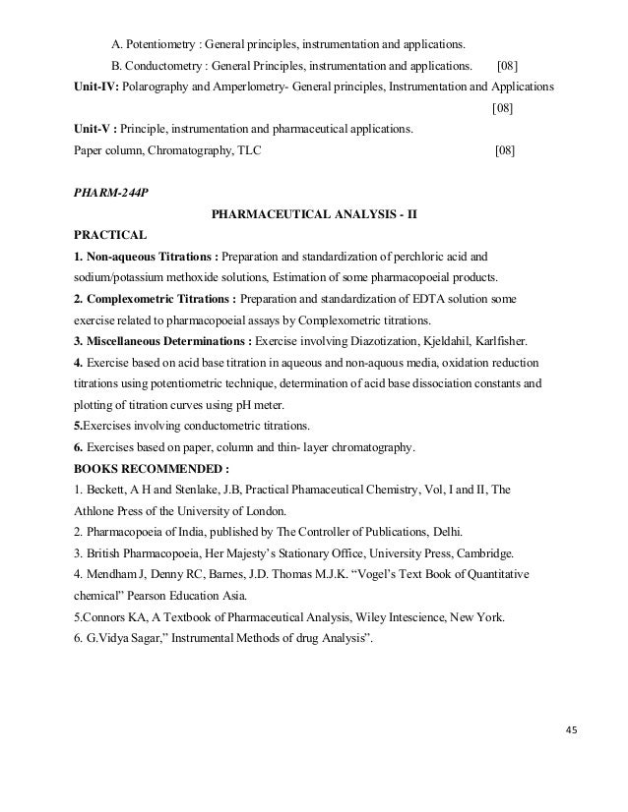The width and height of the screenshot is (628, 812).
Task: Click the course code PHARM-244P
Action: [108, 192]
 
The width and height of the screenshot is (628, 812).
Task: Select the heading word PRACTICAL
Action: [110, 236]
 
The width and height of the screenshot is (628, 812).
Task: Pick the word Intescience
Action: [417, 618]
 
